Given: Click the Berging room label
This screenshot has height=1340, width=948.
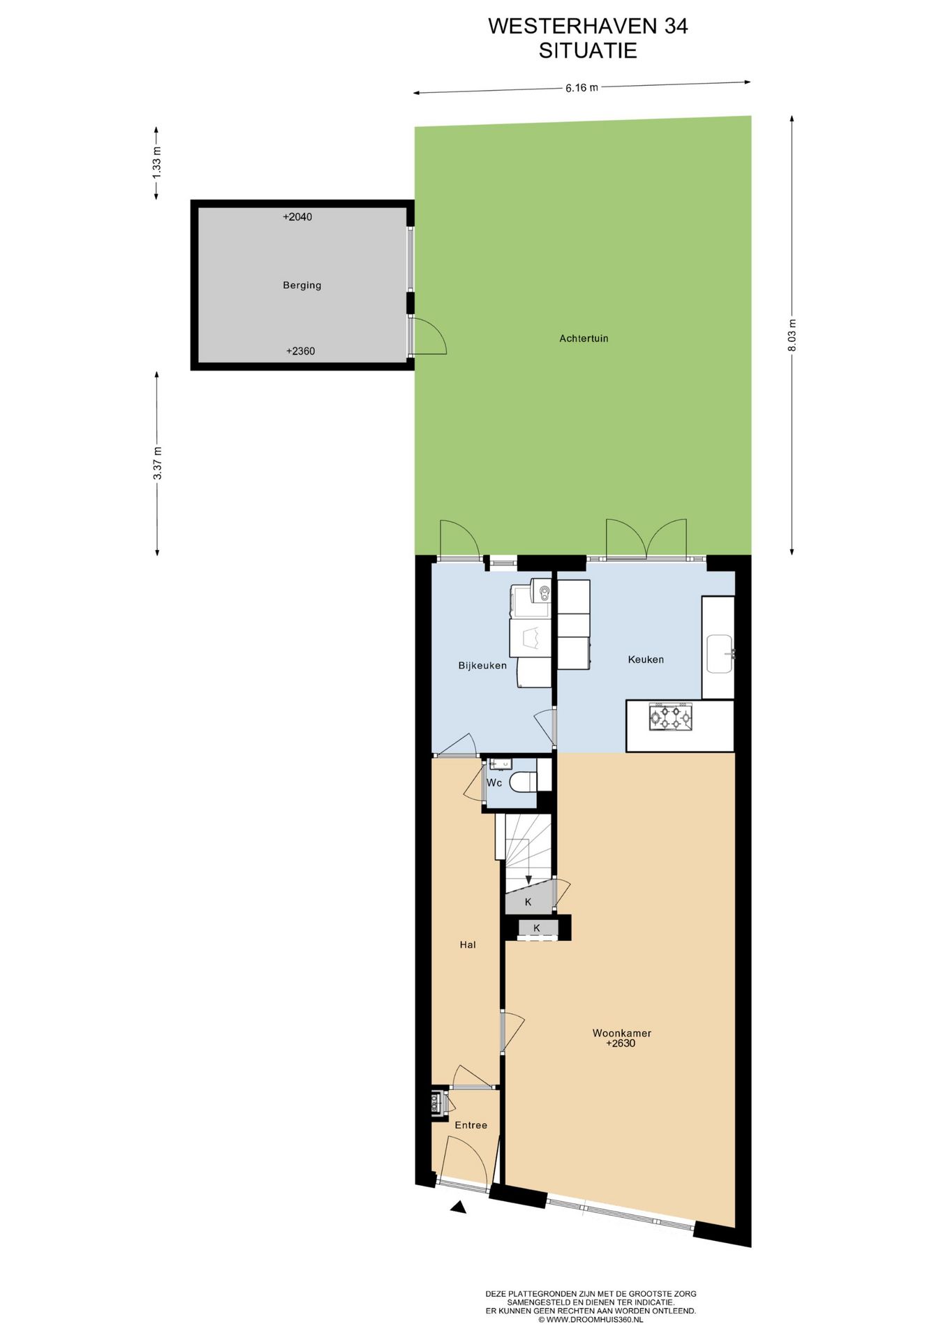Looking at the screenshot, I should pos(302,285).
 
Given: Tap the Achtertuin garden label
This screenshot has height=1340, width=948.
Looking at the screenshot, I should pos(584,338).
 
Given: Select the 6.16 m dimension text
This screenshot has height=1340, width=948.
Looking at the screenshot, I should pos(582,88).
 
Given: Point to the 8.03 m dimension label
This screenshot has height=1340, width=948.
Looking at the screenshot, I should pos(792,335).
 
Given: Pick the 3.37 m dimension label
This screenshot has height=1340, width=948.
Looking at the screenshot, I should pos(158,463).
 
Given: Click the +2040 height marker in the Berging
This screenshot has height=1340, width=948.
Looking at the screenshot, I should pos(297,217).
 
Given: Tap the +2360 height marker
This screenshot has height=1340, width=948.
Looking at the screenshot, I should pos(300,351).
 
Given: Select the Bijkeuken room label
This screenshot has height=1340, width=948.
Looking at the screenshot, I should pos(482,666).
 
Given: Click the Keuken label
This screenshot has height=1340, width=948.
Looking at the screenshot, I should pos(646,660).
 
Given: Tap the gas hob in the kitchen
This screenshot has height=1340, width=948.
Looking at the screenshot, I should pos(670,717).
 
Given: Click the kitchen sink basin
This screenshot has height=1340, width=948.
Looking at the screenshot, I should pos(719,654).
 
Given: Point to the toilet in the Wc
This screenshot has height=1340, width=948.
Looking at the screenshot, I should pos(524,782).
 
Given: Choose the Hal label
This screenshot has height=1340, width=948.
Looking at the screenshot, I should pos(468,945).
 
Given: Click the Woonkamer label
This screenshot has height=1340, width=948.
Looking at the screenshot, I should pos(621,1033).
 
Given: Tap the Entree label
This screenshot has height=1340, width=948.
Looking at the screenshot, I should pos(471,1125).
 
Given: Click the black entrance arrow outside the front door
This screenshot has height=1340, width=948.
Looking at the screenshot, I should pos(459,1207).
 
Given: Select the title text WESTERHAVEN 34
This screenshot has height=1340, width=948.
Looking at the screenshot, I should pos(588,26).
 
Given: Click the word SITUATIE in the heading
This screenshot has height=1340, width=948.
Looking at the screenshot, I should pos(588,50).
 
